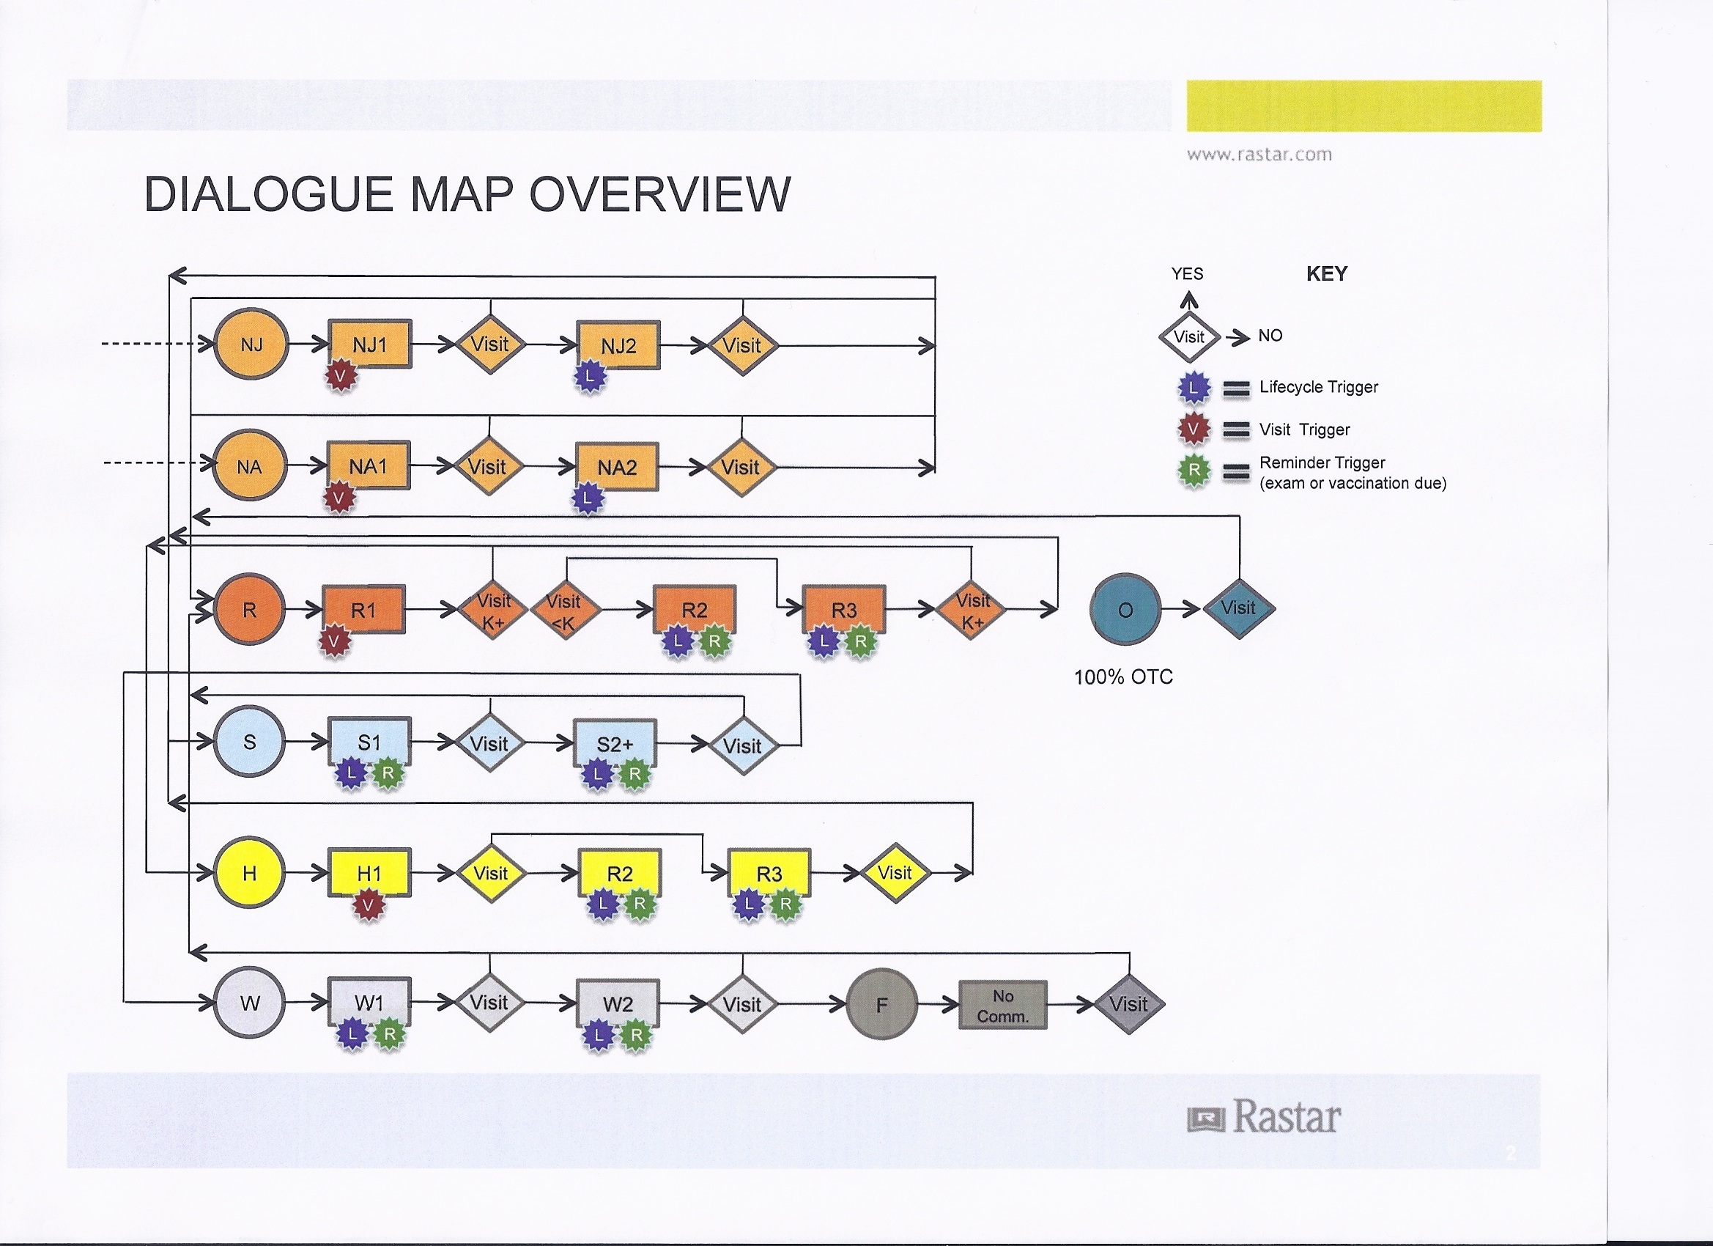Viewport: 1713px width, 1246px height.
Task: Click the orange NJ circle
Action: point(251,344)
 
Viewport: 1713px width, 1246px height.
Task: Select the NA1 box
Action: point(369,465)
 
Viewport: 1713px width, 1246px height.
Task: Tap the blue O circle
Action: point(1125,609)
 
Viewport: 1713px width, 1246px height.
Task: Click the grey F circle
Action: point(881,1004)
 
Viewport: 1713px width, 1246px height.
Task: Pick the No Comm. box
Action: point(1002,1006)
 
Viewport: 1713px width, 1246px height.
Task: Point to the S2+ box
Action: point(615,742)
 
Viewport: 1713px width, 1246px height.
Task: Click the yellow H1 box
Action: point(369,873)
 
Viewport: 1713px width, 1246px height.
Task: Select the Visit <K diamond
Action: point(564,611)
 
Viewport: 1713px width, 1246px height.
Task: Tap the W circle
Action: point(249,1003)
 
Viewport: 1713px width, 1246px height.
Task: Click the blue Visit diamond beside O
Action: point(1238,608)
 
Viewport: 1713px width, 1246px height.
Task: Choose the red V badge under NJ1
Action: point(341,375)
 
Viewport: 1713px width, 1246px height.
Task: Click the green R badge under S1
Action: point(388,773)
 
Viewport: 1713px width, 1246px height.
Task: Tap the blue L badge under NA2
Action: point(588,498)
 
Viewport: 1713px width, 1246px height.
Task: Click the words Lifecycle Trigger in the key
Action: point(1318,387)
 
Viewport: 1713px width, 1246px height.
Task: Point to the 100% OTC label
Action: point(1123,677)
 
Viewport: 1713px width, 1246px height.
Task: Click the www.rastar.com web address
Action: point(1259,155)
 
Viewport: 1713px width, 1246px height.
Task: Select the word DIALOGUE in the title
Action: point(268,194)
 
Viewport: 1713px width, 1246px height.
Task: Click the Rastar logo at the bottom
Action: point(1265,1117)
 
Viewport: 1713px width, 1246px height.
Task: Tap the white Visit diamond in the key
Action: point(1189,337)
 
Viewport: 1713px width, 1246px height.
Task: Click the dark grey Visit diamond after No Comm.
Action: point(1128,1004)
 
